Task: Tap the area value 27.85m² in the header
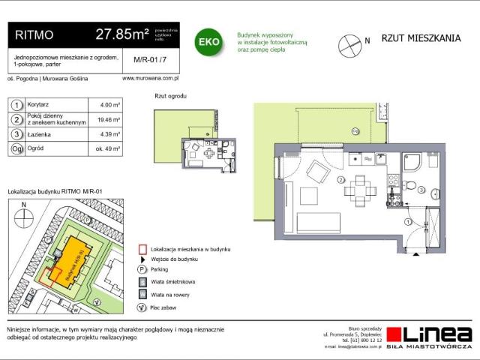pos(121,34)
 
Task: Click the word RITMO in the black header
pos(34,34)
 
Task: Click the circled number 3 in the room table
pos(16,134)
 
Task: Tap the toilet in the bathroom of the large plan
pos(409,185)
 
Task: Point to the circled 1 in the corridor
pos(406,221)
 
